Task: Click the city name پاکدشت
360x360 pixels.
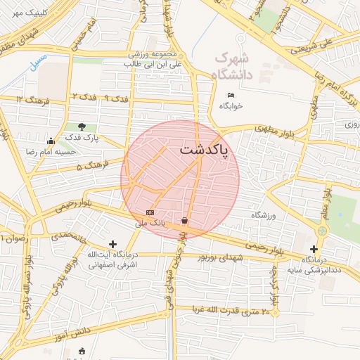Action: coord(205,150)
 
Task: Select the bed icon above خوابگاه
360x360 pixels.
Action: coord(231,96)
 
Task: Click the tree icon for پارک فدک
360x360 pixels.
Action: coord(82,127)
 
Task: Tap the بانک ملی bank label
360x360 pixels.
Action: coord(149,222)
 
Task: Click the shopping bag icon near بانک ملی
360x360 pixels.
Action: coord(184,220)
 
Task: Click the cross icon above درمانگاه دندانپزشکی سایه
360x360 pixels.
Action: coord(314,249)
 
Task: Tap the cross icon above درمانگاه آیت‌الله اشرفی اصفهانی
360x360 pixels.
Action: coord(112,244)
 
